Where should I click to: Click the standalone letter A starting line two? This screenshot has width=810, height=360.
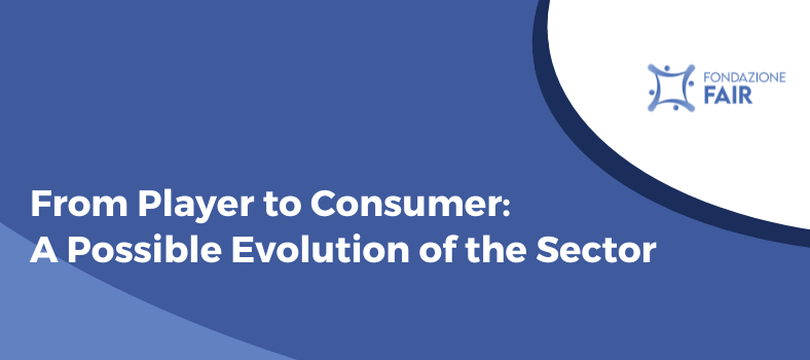[x=41, y=249]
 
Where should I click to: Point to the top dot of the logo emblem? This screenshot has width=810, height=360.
[x=668, y=68]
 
